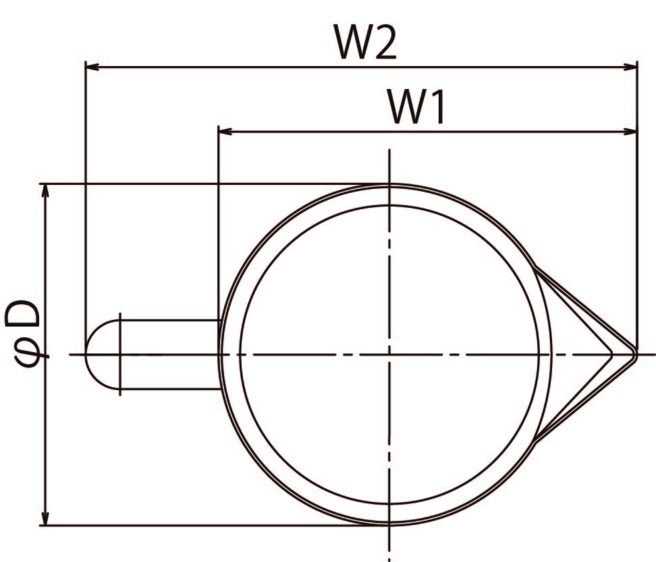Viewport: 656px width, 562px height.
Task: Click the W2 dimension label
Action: [365, 42]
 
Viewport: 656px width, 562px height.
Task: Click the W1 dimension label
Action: [416, 107]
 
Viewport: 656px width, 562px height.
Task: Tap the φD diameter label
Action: [24, 335]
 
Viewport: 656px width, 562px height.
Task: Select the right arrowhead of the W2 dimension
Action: [630, 67]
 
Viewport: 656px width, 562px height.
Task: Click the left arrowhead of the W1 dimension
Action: [225, 132]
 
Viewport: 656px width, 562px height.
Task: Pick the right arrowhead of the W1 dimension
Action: [630, 132]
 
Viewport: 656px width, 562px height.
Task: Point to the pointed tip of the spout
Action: [636, 355]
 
